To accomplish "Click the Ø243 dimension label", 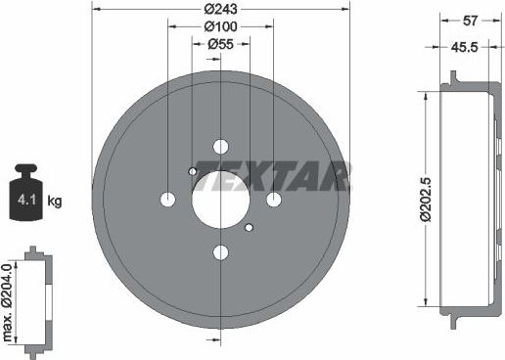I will (220, 10).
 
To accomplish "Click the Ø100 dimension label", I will (219, 26).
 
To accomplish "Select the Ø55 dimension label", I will (220, 44).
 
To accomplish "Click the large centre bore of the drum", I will (220, 200).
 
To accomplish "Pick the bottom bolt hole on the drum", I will (220, 254).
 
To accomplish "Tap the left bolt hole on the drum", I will (166, 200).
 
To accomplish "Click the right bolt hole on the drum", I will (274, 200).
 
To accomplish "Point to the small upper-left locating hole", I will (193, 173).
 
